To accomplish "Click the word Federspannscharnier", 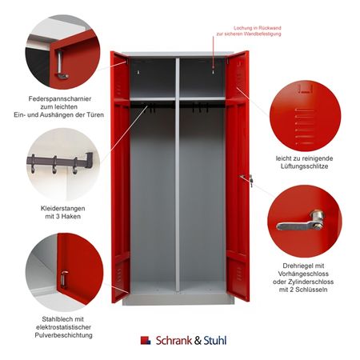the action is (x=60, y=99).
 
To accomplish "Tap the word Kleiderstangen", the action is (x=63, y=208).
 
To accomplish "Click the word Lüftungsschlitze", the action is (x=304, y=166).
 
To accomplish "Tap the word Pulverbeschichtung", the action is (x=63, y=335).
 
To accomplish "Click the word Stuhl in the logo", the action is (x=215, y=341).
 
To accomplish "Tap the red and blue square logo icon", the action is (x=146, y=341).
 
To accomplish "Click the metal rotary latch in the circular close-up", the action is (x=301, y=222).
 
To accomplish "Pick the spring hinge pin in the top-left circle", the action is (x=61, y=66).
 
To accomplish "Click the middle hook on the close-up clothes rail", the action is (x=54, y=166).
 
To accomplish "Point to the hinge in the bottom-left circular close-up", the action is (x=64, y=278).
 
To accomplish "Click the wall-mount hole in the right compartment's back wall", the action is (x=213, y=71).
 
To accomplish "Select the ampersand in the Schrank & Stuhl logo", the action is (x=198, y=341).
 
